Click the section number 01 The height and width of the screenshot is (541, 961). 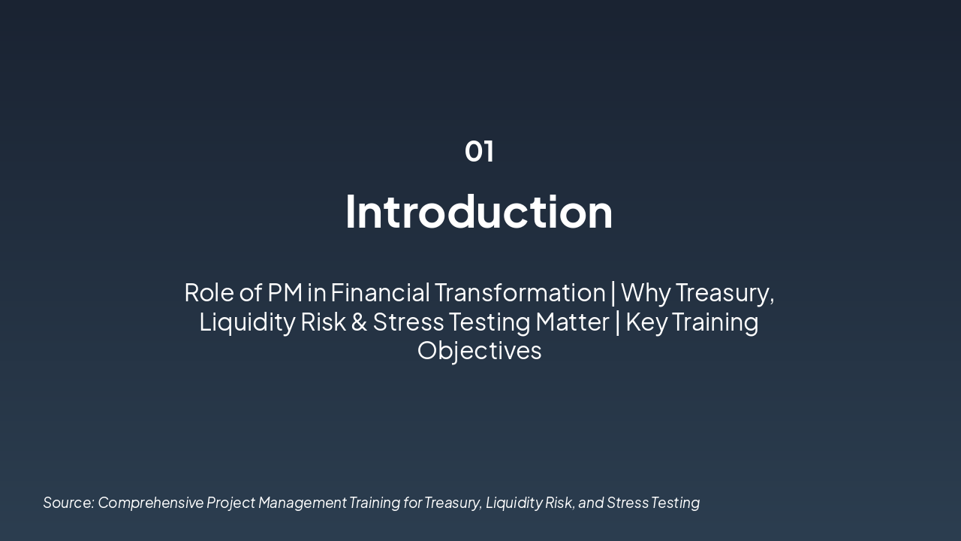pos(479,151)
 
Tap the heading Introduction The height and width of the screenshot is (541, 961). pos(479,212)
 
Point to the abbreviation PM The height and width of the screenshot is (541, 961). pos(285,292)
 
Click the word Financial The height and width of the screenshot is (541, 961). pos(380,292)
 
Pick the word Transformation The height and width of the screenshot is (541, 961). pos(520,292)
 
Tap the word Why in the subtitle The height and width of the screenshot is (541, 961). pos(646,292)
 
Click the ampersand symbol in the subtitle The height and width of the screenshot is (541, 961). pos(359,322)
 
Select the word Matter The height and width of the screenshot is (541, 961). pos(572,322)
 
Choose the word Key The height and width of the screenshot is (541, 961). pos(646,322)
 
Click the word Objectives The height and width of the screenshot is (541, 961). pos(479,351)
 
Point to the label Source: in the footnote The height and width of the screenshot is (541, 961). pos(68,503)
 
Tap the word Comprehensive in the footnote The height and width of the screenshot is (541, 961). pos(150,503)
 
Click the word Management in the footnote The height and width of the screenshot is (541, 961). pos(302,503)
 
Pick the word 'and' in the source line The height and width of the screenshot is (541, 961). pos(591,503)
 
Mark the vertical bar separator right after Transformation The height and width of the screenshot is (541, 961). pos(613,292)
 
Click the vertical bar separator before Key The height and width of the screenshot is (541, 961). pos(618,322)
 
